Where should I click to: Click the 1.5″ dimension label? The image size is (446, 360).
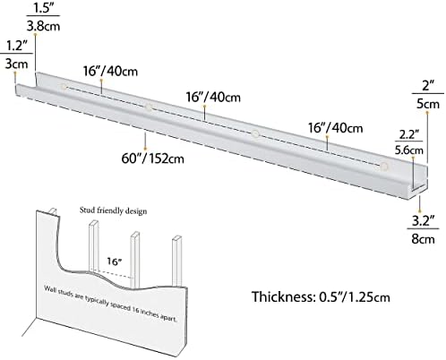[x=43, y=8]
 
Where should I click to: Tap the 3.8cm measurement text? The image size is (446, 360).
[x=43, y=26]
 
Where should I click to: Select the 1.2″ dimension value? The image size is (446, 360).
[x=17, y=46]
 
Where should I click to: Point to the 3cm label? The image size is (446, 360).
[x=17, y=64]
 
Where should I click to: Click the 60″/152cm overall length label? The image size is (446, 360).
[x=152, y=158]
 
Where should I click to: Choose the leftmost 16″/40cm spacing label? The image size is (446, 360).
[x=110, y=71]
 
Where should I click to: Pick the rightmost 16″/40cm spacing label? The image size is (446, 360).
[x=336, y=128]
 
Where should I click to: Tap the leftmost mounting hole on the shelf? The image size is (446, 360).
[x=64, y=87]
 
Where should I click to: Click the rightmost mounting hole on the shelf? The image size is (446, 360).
[x=384, y=166]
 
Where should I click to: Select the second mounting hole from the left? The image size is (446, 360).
[x=149, y=107]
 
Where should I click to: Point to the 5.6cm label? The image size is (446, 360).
[x=409, y=150]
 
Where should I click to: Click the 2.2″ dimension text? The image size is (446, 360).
[x=409, y=134]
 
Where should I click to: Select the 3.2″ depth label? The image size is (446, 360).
[x=423, y=220]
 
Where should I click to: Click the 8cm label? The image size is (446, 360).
[x=423, y=239]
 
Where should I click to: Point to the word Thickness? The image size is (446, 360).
[x=282, y=296]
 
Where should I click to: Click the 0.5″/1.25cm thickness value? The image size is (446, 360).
[x=355, y=297]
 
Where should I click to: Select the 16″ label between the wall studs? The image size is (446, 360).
[x=115, y=261]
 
